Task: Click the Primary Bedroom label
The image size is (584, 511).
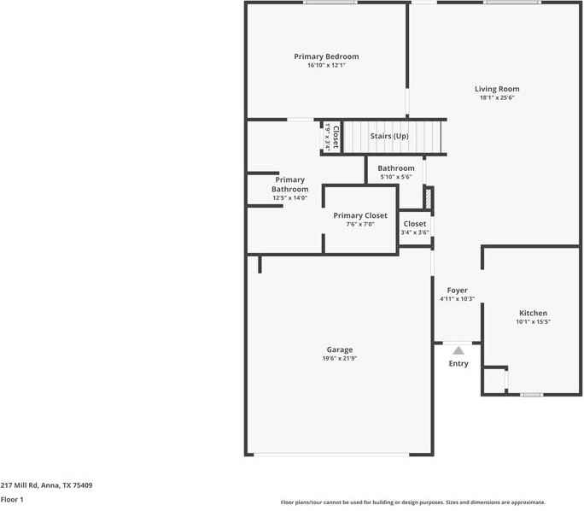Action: click(326, 56)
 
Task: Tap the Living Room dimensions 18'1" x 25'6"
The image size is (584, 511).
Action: click(497, 98)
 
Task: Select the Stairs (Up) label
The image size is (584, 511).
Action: click(388, 137)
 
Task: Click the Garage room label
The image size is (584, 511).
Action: click(339, 349)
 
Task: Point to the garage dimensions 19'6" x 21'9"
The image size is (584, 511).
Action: click(339, 359)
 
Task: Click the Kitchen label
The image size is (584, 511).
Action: click(533, 313)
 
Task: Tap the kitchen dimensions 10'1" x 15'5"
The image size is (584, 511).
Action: click(533, 322)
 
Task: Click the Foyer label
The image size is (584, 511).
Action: click(457, 291)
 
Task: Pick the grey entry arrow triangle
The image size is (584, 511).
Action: click(458, 350)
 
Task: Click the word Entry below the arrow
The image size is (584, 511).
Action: click(458, 364)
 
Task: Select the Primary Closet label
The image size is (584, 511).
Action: click(360, 215)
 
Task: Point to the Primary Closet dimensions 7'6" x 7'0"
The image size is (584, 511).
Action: click(360, 225)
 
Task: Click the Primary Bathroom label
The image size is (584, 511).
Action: click(290, 185)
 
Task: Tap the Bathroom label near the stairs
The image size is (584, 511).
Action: click(396, 168)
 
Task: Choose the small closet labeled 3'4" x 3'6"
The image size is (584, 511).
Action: click(415, 228)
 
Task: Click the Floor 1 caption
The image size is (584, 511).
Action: click(12, 499)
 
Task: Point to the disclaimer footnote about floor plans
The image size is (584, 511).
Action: click(412, 502)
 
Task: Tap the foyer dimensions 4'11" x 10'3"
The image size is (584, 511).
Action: click(457, 300)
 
